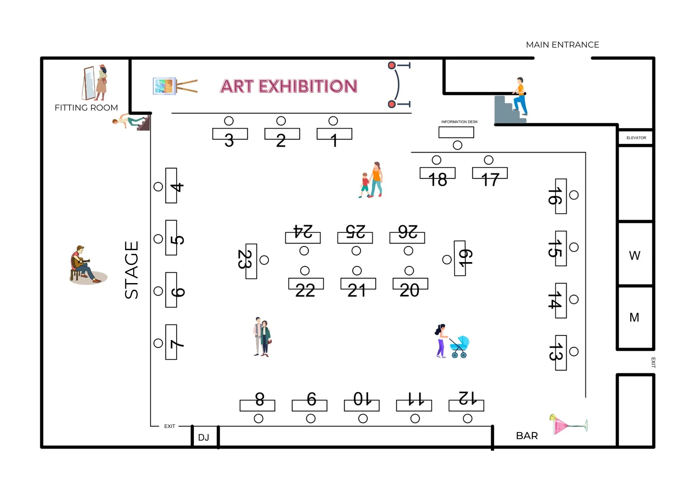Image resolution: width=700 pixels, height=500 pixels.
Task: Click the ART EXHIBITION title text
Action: [x=289, y=86]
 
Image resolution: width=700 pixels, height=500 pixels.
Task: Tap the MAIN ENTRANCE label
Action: [x=562, y=45]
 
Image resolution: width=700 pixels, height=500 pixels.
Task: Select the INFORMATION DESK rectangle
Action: [x=456, y=132]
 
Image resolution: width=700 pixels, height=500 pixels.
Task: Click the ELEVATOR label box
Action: [x=636, y=138]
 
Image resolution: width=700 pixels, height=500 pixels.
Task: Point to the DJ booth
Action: [x=205, y=437]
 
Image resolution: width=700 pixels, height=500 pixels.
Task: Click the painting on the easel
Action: [x=164, y=86]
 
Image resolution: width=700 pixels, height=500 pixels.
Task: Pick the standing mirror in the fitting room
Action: [x=89, y=83]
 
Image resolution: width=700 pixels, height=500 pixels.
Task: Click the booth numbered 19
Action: [x=460, y=258]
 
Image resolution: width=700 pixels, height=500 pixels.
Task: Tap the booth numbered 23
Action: [x=251, y=261]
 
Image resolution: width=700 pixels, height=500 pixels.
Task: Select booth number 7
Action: [x=171, y=342]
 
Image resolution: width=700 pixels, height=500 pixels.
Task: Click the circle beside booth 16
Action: [x=574, y=195]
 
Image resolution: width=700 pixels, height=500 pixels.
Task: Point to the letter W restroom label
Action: [x=634, y=255]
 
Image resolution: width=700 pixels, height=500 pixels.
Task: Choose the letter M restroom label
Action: [x=634, y=317]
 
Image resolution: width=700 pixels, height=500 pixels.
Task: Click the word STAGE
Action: [x=132, y=270]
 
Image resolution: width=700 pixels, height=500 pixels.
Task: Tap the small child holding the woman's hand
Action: [x=365, y=185]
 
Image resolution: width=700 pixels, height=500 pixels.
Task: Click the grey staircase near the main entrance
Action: [x=506, y=110]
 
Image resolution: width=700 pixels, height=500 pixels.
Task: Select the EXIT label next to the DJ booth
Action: [x=169, y=426]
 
